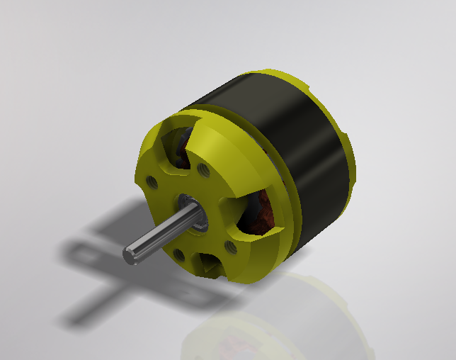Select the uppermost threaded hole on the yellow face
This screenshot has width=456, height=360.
pyautogui.click(x=204, y=169)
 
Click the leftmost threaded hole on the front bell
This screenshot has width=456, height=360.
pyautogui.click(x=152, y=182)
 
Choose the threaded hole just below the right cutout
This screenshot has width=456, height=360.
pyautogui.click(x=230, y=246)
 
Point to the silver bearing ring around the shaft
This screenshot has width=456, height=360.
pyautogui.click(x=193, y=213)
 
